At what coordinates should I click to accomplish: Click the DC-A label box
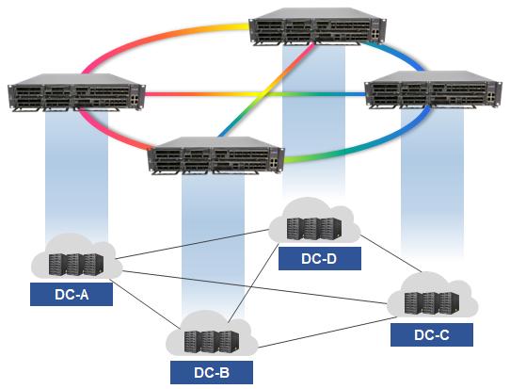click(x=71, y=295)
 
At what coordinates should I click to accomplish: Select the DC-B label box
click(x=212, y=371)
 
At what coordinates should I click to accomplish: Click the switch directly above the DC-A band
click(x=75, y=95)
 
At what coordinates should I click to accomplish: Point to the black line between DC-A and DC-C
click(x=254, y=288)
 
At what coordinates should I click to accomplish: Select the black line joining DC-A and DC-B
click(x=141, y=302)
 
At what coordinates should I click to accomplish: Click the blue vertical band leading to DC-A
click(x=76, y=179)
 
